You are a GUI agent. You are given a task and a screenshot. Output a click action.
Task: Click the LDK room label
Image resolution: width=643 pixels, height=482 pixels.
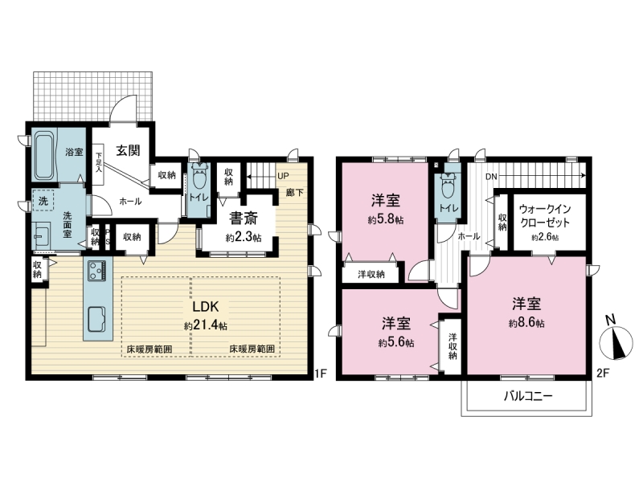point(206,307)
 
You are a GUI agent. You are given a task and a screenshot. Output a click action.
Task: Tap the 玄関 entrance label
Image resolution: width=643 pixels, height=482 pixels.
point(128,150)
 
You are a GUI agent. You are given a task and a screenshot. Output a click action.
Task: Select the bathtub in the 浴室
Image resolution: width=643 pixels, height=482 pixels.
point(43,155)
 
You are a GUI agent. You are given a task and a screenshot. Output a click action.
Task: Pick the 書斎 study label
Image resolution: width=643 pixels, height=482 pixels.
point(244,219)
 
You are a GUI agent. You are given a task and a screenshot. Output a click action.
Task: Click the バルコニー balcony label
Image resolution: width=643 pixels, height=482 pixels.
point(528,396)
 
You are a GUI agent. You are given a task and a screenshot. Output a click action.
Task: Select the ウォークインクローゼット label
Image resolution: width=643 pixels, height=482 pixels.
point(545,216)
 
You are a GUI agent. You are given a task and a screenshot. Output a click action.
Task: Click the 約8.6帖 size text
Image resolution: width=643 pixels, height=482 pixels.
point(526,323)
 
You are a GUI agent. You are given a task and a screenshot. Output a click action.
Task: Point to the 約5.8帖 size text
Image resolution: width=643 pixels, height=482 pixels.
point(386,219)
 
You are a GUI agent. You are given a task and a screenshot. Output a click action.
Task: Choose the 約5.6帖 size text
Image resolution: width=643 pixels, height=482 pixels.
point(395,343)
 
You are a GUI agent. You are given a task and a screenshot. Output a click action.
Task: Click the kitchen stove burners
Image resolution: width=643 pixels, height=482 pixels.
point(96,271)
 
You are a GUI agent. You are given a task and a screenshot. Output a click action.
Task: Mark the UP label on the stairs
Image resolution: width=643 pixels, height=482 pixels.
point(283,176)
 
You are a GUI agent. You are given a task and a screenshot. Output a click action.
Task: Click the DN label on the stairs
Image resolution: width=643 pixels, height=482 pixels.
point(491,177)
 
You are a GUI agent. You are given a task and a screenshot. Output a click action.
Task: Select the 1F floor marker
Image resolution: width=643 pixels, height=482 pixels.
point(320,374)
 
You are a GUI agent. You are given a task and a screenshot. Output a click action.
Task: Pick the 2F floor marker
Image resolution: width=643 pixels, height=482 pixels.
point(601,374)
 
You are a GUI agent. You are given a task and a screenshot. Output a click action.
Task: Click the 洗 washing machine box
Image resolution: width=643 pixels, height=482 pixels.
point(43,201)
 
